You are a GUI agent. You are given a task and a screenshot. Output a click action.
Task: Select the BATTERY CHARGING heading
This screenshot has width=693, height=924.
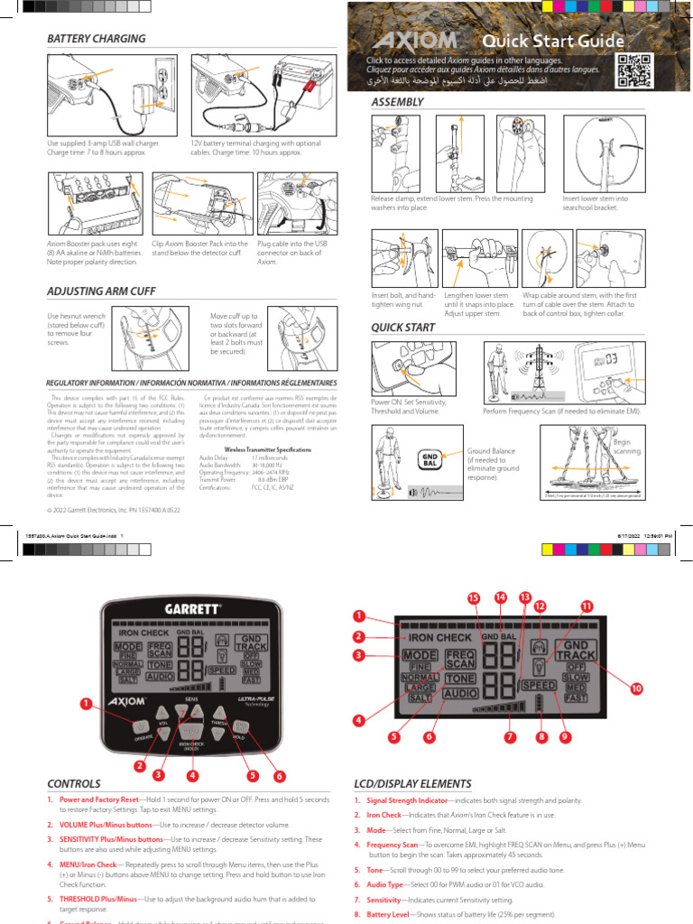[97, 39]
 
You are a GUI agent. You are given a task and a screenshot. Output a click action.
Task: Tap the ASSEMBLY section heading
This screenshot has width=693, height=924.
[398, 102]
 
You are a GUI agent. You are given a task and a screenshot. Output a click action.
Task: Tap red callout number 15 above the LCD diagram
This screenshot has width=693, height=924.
[473, 598]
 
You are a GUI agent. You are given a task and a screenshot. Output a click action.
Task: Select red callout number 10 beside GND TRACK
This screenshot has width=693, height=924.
[636, 688]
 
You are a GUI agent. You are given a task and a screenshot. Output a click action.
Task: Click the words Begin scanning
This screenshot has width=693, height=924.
[627, 446]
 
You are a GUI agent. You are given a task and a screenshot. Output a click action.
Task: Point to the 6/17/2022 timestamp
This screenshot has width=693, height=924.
[624, 535]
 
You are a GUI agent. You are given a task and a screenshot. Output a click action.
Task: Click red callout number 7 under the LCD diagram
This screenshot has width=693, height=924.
[510, 737]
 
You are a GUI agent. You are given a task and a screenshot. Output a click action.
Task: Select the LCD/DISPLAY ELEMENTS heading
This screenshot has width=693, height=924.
[429, 783]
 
